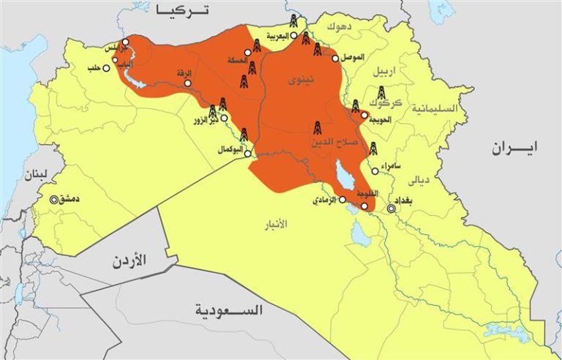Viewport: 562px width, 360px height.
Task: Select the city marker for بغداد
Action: click(x=391, y=209)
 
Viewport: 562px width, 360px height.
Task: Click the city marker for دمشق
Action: click(x=53, y=199)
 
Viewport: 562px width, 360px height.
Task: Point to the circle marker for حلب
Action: click(x=107, y=68)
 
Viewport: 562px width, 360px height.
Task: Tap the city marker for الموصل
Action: click(x=335, y=59)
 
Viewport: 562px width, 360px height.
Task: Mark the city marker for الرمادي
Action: click(x=342, y=199)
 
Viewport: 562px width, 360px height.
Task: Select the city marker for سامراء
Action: click(x=374, y=171)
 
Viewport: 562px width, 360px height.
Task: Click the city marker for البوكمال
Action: click(x=247, y=154)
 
